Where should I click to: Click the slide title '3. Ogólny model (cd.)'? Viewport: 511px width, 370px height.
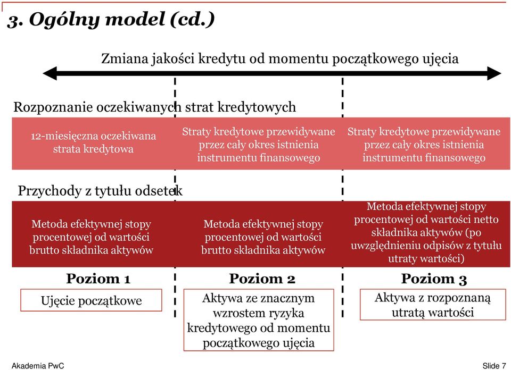(x=111, y=20)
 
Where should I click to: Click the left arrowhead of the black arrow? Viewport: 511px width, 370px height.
(x=50, y=73)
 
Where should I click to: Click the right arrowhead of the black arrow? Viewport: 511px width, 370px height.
(x=494, y=73)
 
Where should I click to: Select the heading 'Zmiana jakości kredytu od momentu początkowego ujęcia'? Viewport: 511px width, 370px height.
(x=280, y=58)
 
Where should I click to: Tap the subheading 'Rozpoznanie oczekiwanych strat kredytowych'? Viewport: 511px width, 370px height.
(x=154, y=107)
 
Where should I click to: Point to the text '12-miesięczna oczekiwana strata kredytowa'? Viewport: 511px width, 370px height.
(x=93, y=142)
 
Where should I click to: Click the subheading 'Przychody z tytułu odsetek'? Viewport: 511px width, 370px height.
(x=100, y=190)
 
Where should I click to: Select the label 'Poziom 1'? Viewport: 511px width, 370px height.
(x=98, y=279)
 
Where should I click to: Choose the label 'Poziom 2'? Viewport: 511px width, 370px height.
(x=262, y=279)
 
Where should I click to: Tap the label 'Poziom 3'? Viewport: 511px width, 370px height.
(x=434, y=279)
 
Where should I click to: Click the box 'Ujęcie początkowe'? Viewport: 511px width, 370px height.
(x=91, y=300)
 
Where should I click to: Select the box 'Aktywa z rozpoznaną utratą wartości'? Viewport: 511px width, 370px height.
(x=433, y=305)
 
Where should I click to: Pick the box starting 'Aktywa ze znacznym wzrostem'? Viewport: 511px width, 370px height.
(x=259, y=320)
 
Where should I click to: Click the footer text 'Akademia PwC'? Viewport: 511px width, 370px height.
(x=38, y=366)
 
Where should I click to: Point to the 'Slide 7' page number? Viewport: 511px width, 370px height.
(x=494, y=366)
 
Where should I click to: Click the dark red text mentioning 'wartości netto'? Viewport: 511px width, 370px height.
(x=426, y=232)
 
